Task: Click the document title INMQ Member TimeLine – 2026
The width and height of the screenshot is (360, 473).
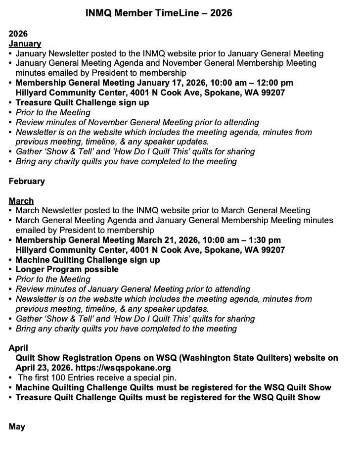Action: (x=159, y=13)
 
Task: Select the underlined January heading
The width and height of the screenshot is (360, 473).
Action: (x=25, y=44)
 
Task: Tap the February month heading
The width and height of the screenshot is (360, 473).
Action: (x=27, y=181)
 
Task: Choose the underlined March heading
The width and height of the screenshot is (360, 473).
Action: (x=21, y=201)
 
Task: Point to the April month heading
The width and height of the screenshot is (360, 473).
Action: (x=18, y=348)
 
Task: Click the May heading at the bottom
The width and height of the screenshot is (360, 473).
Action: (x=17, y=426)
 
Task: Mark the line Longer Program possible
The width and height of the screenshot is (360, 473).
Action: (x=67, y=270)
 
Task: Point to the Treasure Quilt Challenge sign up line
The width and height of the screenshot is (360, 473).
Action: (x=82, y=103)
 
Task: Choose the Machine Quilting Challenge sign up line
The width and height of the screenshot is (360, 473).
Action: (x=88, y=260)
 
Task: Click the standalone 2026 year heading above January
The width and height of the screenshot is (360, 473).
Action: (x=18, y=34)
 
